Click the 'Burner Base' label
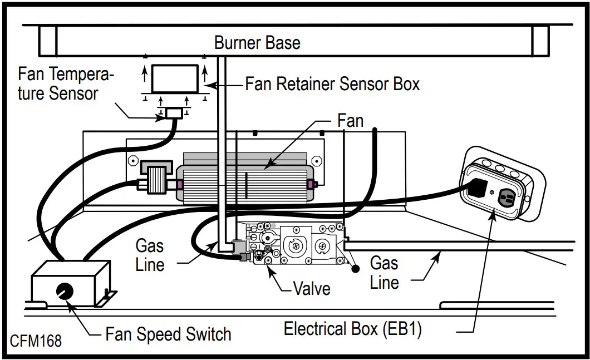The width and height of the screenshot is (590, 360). click(257, 43)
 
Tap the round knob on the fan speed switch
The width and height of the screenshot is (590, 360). click(65, 291)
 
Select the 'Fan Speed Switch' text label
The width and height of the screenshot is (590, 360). click(168, 334)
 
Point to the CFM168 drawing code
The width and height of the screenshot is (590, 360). click(36, 341)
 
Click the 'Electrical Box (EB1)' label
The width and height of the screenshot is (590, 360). click(352, 329)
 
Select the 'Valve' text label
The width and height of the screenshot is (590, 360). click(312, 289)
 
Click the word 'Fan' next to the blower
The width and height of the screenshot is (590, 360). click(350, 121)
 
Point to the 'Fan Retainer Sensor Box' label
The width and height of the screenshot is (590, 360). click(332, 84)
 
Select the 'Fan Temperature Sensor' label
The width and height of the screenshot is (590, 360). click(66, 83)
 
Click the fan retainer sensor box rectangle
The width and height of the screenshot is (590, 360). click(175, 78)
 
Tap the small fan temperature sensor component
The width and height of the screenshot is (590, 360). click(174, 113)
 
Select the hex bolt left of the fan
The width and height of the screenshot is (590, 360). click(133, 161)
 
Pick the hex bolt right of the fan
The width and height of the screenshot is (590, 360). click(317, 161)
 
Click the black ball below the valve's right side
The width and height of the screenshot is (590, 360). click(355, 269)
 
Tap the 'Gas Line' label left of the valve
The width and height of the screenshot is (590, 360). click(150, 255)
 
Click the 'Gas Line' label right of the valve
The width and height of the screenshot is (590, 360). click(384, 273)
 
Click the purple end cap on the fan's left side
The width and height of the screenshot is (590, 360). click(179, 185)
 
